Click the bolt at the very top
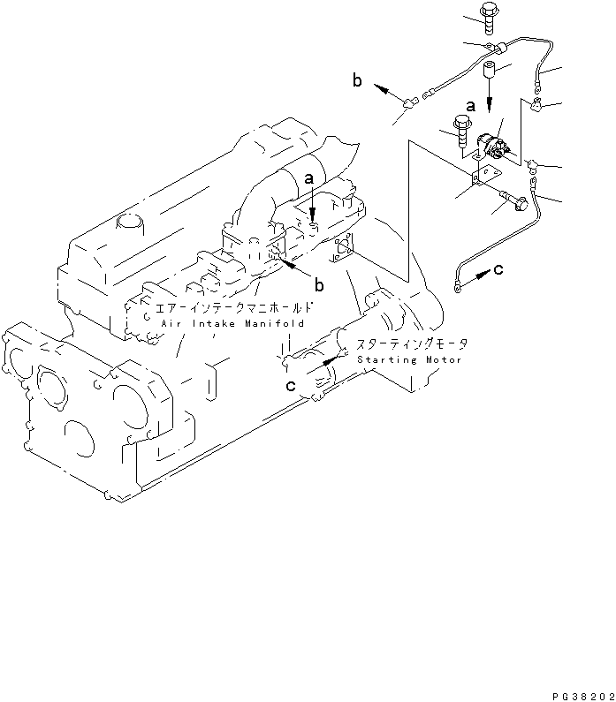pos(484,12)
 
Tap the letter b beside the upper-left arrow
pos(358,81)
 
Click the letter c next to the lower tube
pos(498,270)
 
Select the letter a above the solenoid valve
pos(470,105)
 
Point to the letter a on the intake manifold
pos(309,178)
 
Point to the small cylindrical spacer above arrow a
pos(490,68)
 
